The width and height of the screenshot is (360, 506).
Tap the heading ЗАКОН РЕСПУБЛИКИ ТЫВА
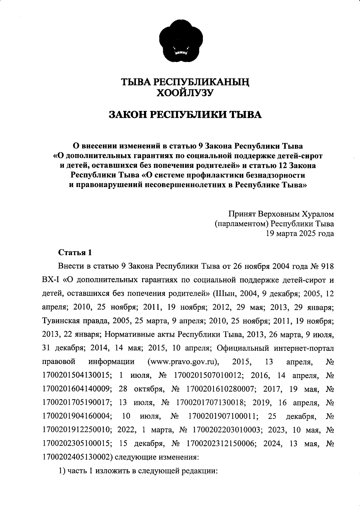click(185, 115)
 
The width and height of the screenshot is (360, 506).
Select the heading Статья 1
click(75, 252)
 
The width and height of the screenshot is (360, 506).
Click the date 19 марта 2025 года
click(300, 233)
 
